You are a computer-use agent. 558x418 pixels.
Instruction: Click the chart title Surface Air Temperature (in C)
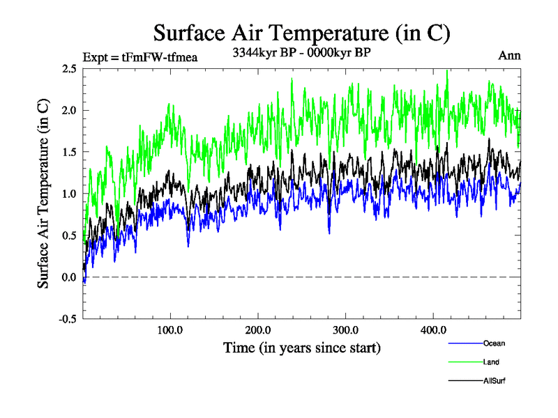301,33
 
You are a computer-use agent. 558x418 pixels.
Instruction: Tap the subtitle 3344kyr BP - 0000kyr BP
301,52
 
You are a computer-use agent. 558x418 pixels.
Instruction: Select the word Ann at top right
509,55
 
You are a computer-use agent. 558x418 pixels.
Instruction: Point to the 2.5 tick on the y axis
69,68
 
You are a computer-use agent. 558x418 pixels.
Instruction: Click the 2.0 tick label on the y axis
69,110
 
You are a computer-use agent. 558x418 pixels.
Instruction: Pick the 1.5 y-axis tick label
69,152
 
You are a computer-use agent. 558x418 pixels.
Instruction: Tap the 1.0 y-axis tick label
69,194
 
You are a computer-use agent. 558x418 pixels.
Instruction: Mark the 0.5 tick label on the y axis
69,235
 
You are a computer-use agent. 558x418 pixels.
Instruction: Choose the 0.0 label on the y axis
69,277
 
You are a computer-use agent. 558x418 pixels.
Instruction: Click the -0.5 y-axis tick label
68,319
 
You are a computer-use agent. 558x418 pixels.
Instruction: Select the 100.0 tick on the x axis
170,330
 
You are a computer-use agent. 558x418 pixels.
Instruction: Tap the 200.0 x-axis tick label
258,330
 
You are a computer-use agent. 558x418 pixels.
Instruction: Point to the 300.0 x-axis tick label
346,330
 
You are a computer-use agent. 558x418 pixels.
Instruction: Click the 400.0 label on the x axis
434,330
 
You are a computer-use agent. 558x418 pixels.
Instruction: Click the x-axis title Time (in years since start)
301,346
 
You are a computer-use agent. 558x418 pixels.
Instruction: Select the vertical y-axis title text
43,194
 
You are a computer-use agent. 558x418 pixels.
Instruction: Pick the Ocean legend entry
493,343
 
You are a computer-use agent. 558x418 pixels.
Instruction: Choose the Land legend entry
491,362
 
